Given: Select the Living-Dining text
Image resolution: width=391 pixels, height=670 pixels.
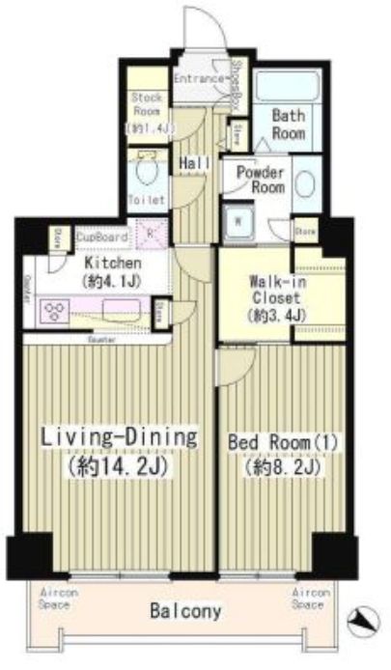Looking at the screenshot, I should [x=119, y=436].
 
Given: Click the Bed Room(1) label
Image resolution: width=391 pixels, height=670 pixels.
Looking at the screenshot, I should [x=278, y=441].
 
